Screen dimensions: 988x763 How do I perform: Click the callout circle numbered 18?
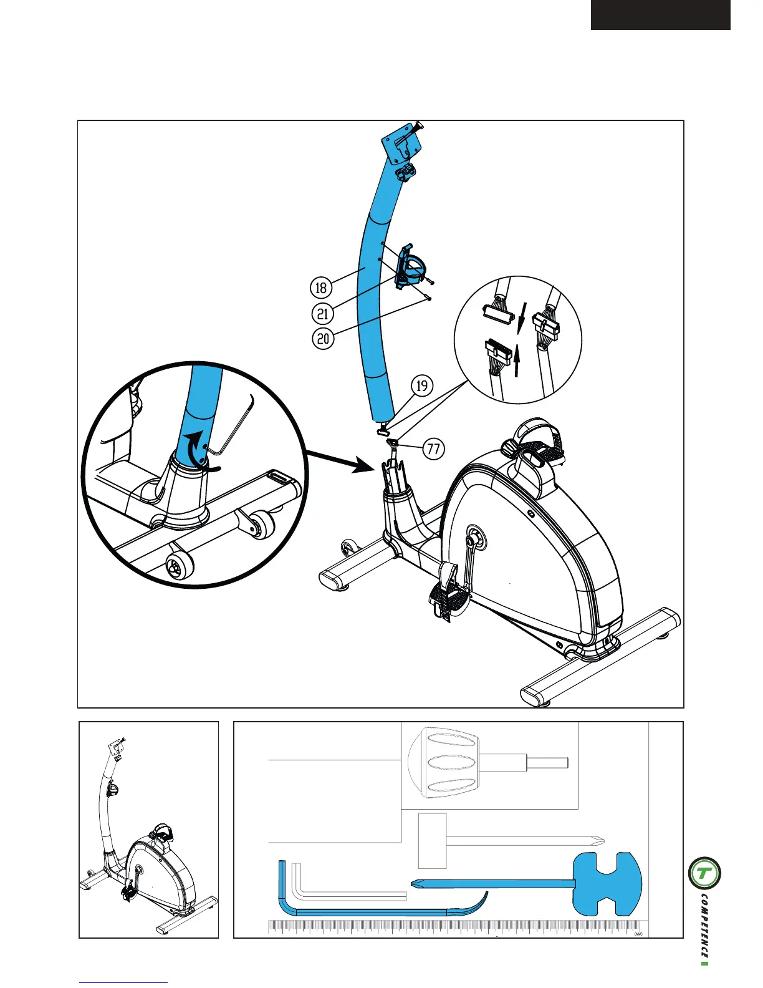pyautogui.click(x=321, y=288)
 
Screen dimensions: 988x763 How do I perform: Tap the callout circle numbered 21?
pyautogui.click(x=322, y=313)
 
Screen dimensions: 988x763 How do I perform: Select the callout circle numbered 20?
pyautogui.click(x=323, y=339)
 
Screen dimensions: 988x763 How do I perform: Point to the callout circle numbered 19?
pyautogui.click(x=422, y=385)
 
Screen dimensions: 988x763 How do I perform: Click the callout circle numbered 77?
pyautogui.click(x=434, y=448)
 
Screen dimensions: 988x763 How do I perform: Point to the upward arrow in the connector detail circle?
pyautogui.click(x=517, y=362)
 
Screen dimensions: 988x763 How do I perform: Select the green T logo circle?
pyautogui.click(x=704, y=873)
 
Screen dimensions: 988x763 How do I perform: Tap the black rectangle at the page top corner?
pyautogui.click(x=660, y=15)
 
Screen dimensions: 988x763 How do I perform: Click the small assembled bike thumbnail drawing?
pyautogui.click(x=148, y=830)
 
